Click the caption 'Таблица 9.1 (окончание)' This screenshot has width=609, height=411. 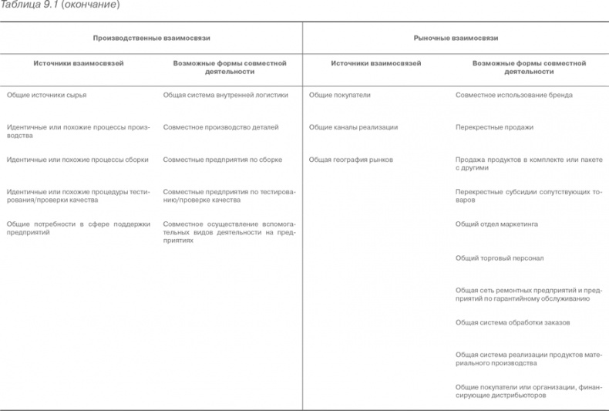tap(59, 5)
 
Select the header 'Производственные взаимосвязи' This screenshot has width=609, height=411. tap(151, 37)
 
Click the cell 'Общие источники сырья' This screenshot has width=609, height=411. tap(46, 96)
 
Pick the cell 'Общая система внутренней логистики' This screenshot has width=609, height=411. tap(225, 96)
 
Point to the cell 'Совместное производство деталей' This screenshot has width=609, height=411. tap(220, 127)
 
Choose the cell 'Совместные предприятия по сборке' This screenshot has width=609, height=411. tap(222, 160)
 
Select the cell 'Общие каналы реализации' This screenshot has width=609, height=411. tap(353, 127)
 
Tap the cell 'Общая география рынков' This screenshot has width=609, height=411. tap(351, 160)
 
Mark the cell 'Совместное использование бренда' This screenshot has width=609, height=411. tap(513, 96)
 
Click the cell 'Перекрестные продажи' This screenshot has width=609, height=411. tap(494, 127)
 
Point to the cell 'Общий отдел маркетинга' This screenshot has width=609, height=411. tap(496, 224)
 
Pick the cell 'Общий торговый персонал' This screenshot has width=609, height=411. tap(499, 258)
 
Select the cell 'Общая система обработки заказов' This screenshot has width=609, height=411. tap(513, 322)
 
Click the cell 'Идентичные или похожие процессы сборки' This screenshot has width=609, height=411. tap(78, 160)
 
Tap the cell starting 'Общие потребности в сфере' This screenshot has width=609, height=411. tap(78, 227)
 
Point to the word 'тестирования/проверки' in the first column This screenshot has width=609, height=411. tap(46, 200)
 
